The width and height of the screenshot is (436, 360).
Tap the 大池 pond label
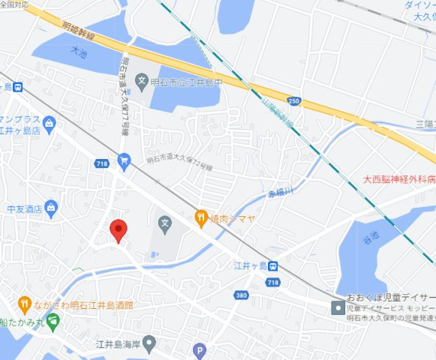(x=77, y=52)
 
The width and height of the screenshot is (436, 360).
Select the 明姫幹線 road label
(x=79, y=30)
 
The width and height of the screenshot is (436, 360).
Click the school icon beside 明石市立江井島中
(x=141, y=79)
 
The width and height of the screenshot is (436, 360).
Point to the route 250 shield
(x=293, y=100)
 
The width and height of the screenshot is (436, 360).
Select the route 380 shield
(x=241, y=295)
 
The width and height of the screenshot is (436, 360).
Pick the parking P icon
(x=199, y=349)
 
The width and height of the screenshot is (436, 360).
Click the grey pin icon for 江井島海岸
(x=149, y=344)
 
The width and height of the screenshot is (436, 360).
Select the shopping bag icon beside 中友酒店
(x=51, y=206)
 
